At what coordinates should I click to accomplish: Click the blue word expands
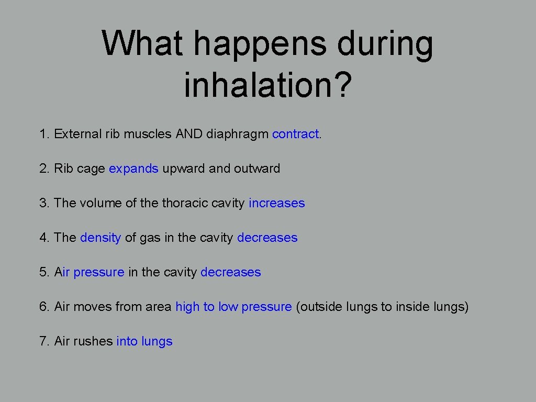coord(133,169)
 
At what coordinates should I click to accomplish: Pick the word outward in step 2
coord(257,169)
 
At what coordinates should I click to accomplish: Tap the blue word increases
coord(277,203)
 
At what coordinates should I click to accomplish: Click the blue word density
coord(100,238)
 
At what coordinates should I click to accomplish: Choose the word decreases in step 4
coord(267,238)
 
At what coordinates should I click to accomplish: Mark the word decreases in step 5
coord(230,272)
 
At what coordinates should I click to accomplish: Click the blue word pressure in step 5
coord(99,273)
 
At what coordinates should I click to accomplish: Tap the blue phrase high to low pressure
coord(233,307)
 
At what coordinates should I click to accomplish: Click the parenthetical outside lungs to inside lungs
coord(382,307)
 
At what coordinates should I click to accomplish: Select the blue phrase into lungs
coord(144,341)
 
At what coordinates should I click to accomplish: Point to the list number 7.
coord(43,341)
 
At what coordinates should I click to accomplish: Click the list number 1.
coord(43,134)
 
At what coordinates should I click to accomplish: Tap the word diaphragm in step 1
coord(237,135)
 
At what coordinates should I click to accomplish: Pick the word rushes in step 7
coord(93,341)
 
